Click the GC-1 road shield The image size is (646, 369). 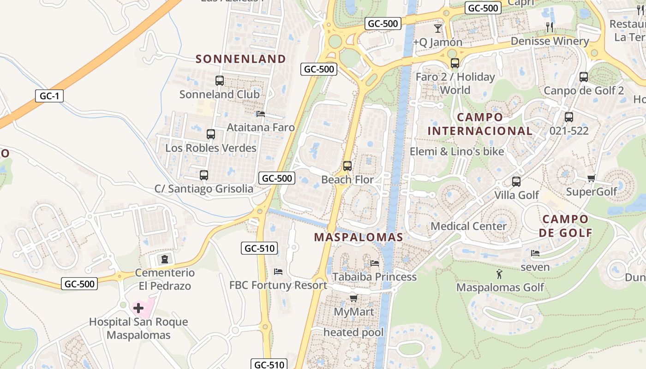click(x=49, y=96)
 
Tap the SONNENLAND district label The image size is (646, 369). click(x=241, y=59)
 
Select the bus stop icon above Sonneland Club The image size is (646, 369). click(x=220, y=81)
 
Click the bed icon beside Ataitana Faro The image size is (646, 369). click(x=261, y=113)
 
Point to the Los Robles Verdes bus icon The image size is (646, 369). click(x=211, y=134)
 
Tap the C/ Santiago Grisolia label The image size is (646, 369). click(x=204, y=189)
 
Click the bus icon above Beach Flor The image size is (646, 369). click(x=347, y=166)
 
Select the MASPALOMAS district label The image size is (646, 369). click(x=359, y=237)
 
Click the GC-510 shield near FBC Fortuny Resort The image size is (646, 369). click(x=259, y=249)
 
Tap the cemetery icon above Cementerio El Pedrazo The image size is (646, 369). click(x=165, y=259)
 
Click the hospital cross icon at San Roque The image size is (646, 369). click(x=138, y=308)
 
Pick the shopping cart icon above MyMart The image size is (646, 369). click(x=353, y=298)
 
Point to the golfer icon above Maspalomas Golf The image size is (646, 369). click(x=499, y=274)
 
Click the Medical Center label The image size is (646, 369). click(x=468, y=226)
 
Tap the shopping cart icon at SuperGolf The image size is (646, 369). click(x=591, y=178)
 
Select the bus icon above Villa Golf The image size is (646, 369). click(x=516, y=182)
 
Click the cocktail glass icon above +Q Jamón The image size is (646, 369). click(x=438, y=29)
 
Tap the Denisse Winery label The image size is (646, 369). click(x=550, y=41)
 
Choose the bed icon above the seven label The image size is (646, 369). click(x=535, y=253)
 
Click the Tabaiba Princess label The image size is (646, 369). click(x=374, y=277)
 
